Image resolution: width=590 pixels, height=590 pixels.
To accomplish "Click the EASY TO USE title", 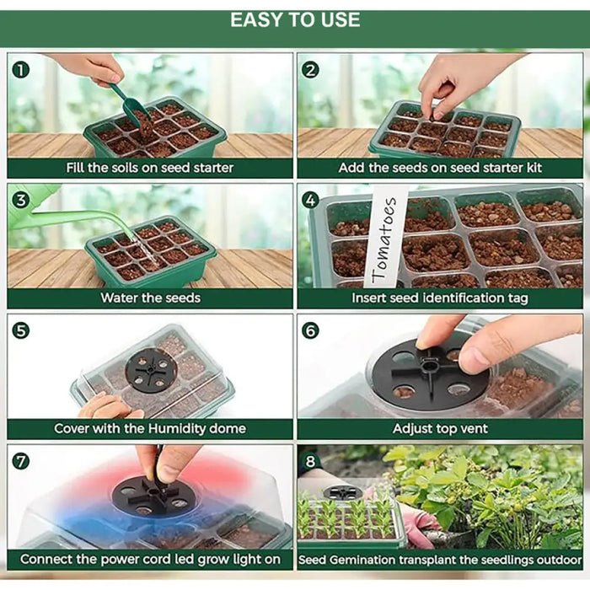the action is coord(295,20).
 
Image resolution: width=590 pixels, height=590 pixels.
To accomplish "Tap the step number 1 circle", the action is coord(21,70).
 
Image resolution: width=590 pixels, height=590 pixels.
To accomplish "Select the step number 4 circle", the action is coord(310,201).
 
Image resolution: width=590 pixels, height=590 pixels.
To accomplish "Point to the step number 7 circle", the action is coord(21,461).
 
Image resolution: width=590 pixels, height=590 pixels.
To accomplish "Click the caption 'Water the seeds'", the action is coord(151,298).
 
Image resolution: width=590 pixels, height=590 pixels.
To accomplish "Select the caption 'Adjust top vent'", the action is coord(440,428).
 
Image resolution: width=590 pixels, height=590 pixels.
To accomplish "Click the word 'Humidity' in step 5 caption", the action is coord(176,428).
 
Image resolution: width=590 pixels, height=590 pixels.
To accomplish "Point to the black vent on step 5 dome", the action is coord(151,371).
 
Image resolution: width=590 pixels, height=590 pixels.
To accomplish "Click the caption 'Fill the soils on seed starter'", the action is coord(150,168).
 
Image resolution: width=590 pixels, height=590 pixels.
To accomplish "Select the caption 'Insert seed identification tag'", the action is coord(440,298).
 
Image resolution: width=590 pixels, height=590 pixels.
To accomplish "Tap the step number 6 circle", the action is coord(310,330).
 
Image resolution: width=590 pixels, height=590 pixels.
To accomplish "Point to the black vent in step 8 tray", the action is coord(342,493).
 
